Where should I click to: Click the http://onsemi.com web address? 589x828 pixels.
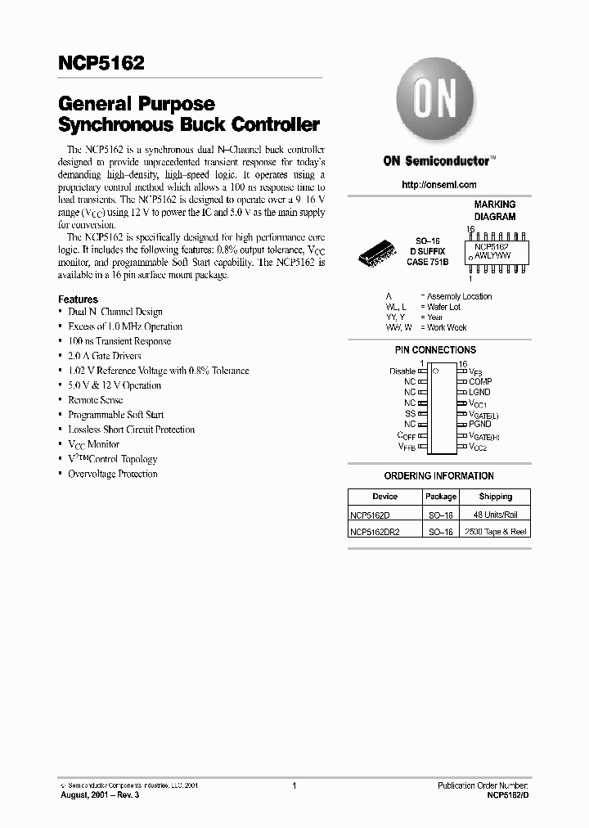[x=439, y=185]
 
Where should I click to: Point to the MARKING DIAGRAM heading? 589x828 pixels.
[x=495, y=210]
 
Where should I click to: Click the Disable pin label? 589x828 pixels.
[x=402, y=371]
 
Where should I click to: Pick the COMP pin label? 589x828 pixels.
[x=480, y=381]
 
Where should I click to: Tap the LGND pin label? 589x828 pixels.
[x=480, y=392]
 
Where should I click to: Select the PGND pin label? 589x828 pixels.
[x=480, y=424]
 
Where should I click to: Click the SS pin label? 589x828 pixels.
[x=410, y=413]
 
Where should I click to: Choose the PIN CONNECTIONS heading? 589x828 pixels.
[x=435, y=350]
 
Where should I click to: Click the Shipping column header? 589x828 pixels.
[x=495, y=497]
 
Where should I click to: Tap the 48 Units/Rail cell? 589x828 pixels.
[x=495, y=514]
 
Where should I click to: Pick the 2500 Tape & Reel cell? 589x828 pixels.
[x=495, y=532]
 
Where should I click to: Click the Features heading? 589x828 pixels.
[x=78, y=299]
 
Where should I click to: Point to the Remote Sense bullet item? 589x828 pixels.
[x=95, y=400]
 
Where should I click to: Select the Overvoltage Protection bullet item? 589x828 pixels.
[x=112, y=474]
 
